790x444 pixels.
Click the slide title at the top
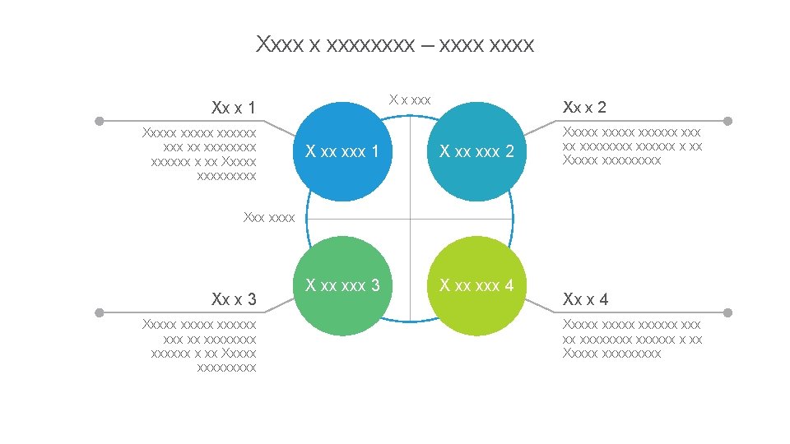tap(395, 44)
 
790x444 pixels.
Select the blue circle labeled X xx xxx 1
tap(342, 152)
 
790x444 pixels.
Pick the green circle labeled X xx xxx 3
tap(342, 286)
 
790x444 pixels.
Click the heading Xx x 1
tap(233, 108)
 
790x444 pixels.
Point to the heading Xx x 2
tap(584, 107)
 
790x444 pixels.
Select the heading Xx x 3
tap(233, 298)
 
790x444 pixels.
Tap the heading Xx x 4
tap(585, 299)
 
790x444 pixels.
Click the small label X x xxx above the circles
tap(410, 99)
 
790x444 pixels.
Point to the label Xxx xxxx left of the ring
tap(269, 218)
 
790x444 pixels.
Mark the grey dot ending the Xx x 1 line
tap(99, 121)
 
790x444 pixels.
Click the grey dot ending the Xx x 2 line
tap(727, 121)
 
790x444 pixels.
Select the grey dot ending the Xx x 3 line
tap(99, 312)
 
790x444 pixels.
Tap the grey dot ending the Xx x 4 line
tap(727, 312)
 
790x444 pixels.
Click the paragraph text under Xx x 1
tap(200, 154)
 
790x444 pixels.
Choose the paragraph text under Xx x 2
tap(632, 146)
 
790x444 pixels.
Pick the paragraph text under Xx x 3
tap(200, 346)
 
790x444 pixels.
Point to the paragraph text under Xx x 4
tap(632, 339)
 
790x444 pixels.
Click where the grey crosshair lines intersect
tap(410, 220)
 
